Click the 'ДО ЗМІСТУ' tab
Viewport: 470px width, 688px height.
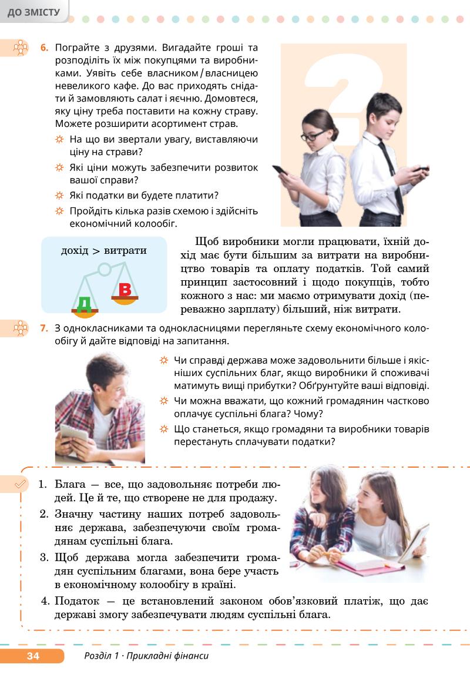click(33, 12)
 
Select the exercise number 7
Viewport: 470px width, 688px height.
click(44, 328)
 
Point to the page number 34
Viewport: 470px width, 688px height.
click(33, 656)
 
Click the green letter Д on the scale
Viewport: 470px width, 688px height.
click(85, 303)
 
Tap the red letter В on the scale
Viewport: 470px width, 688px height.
click(125, 290)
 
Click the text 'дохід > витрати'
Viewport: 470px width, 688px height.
click(104, 251)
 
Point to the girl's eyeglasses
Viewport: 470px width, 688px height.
click(313, 136)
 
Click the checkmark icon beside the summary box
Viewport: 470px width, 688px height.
click(21, 484)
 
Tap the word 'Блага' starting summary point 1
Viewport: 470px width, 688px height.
click(70, 485)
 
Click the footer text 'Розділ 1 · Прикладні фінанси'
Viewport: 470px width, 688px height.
click(146, 656)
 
